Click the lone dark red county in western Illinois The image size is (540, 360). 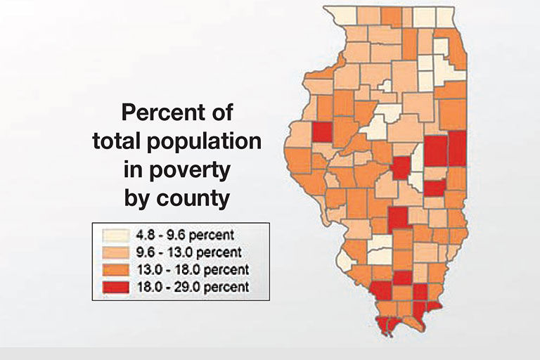322,132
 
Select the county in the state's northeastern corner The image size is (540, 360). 445,16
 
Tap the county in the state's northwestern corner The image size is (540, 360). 339,15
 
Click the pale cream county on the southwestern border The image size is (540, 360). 345,261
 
